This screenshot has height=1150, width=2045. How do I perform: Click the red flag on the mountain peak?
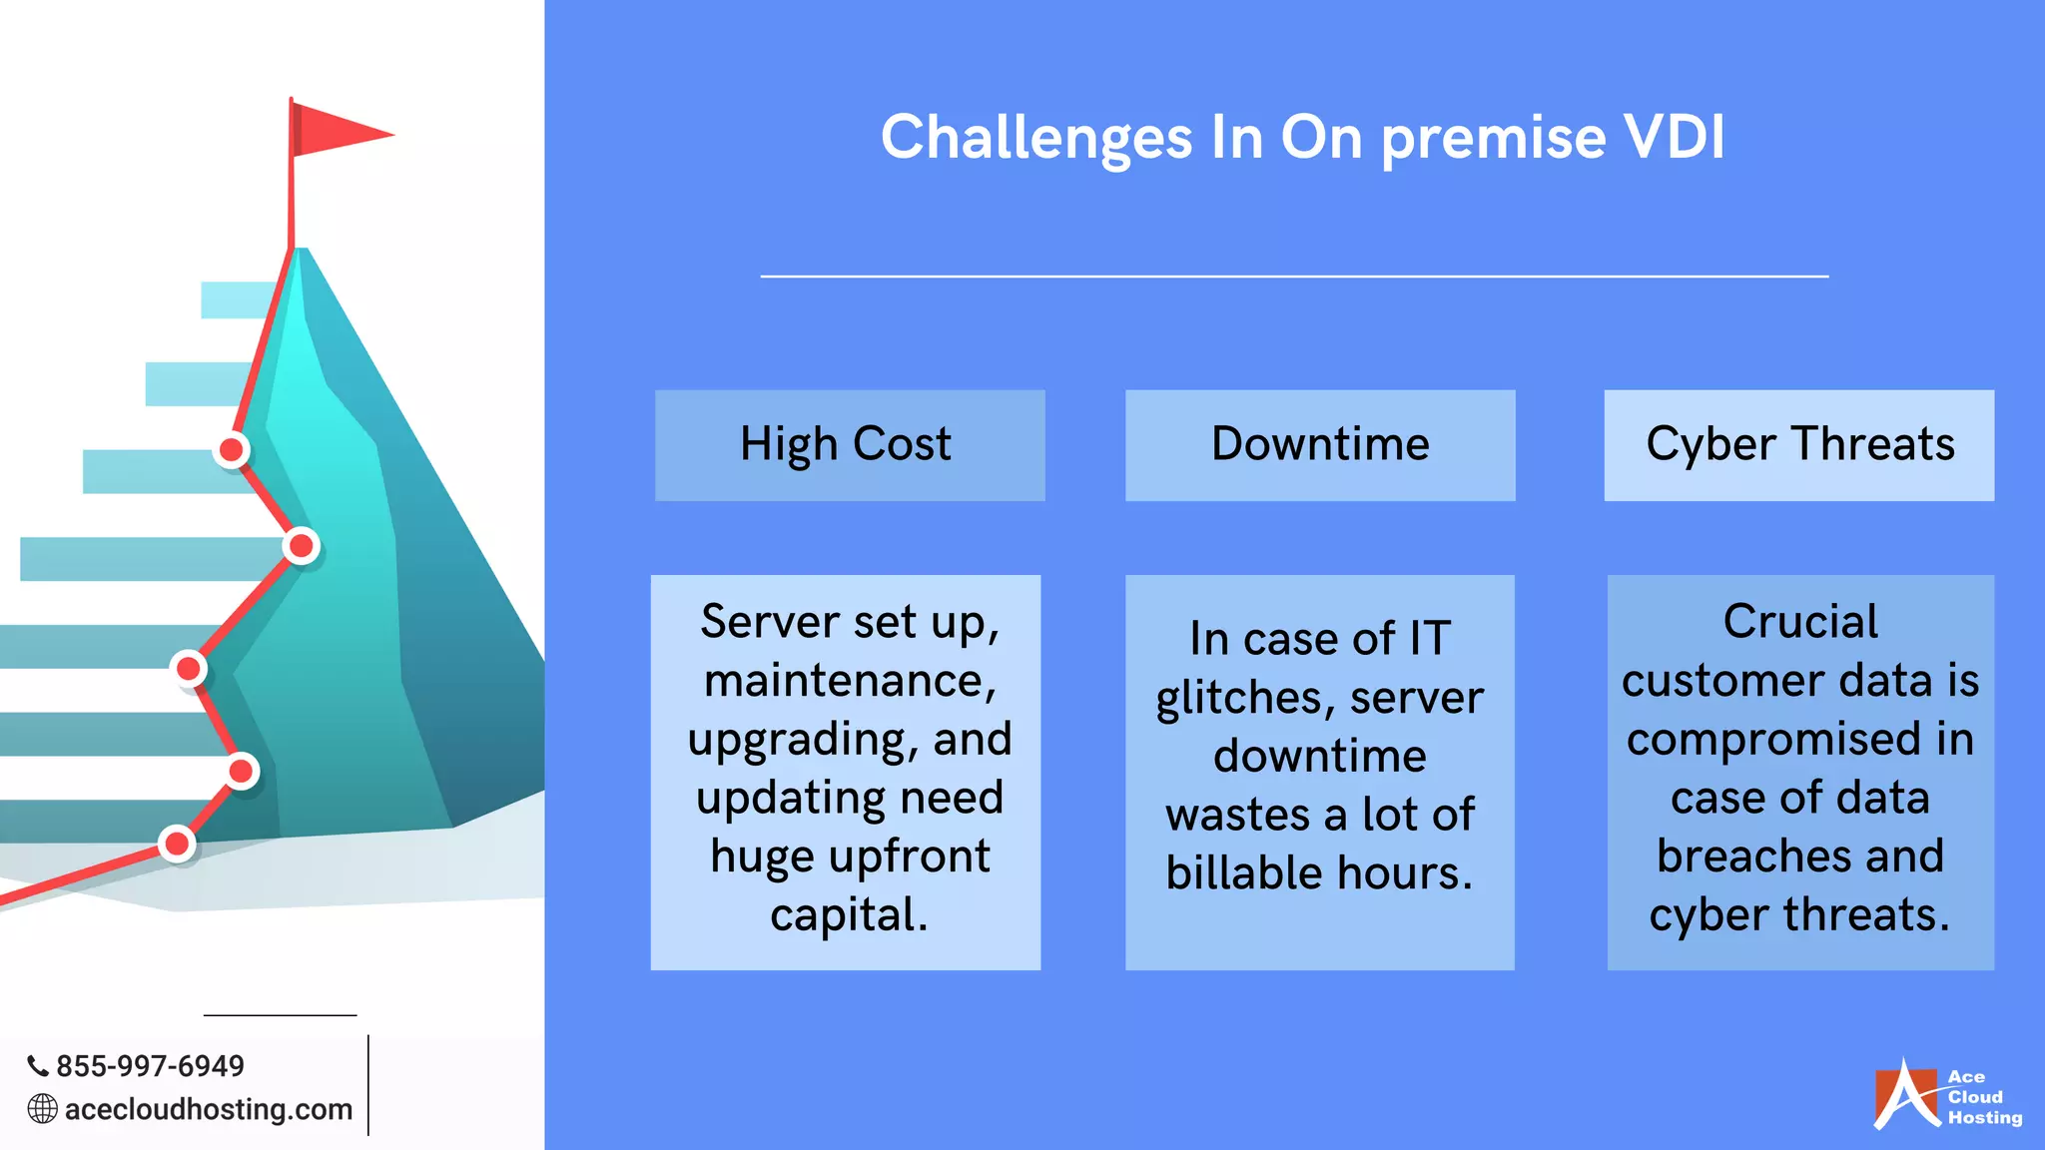point(335,131)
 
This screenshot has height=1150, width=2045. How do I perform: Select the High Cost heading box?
point(850,445)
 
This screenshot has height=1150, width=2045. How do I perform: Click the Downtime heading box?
point(1320,445)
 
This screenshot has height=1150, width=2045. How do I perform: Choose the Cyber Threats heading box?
point(1799,445)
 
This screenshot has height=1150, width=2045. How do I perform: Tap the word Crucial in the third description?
point(1800,622)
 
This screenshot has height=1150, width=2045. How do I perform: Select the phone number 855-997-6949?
point(150,1066)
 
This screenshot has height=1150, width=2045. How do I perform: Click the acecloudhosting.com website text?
point(209,1109)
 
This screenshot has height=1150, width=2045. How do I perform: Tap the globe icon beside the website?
point(42,1109)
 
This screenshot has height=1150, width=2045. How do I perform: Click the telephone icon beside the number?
point(38,1066)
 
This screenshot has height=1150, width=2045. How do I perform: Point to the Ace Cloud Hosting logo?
point(1947,1096)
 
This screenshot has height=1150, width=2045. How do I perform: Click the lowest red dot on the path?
point(177,844)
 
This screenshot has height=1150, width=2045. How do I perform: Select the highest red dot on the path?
point(232,450)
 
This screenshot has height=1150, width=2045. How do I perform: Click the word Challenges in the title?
point(1035,137)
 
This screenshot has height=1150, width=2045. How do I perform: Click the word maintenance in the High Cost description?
point(850,681)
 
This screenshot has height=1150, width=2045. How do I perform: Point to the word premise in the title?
point(1494,137)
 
